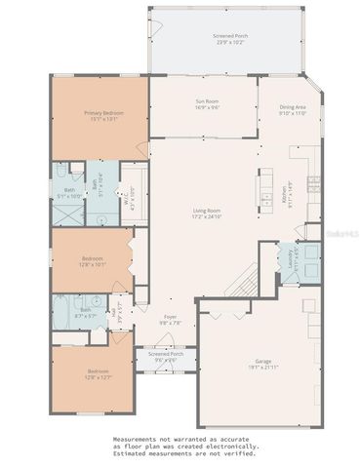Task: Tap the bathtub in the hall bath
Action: point(60,313)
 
